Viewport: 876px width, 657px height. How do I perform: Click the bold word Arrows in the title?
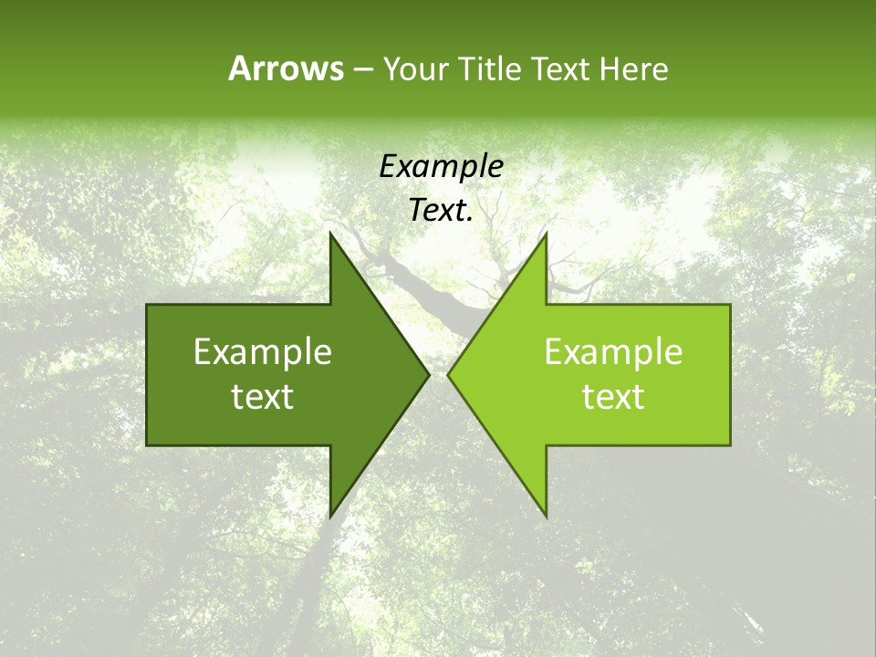pyautogui.click(x=286, y=68)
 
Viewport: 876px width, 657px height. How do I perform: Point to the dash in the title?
pyautogui.click(x=361, y=69)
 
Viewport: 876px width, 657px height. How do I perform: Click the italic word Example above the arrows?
pyautogui.click(x=441, y=167)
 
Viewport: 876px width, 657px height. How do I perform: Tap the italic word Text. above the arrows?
pyautogui.click(x=441, y=211)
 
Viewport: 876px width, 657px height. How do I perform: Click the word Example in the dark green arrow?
pyautogui.click(x=263, y=352)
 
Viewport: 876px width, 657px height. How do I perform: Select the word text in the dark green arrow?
pyautogui.click(x=263, y=397)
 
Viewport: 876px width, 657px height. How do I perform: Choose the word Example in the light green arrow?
pyautogui.click(x=613, y=352)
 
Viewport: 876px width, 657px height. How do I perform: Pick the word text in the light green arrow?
pyautogui.click(x=613, y=397)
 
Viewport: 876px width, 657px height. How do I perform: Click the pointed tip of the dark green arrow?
pyautogui.click(x=429, y=375)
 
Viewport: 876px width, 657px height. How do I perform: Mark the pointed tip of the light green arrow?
pyautogui.click(x=448, y=375)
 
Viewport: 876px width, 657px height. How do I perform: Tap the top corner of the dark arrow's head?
pyautogui.click(x=330, y=234)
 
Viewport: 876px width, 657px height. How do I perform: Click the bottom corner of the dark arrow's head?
pyautogui.click(x=330, y=516)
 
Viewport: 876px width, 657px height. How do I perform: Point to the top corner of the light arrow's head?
pyautogui.click(x=546, y=234)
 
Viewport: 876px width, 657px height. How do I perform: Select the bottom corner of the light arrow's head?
pyautogui.click(x=546, y=516)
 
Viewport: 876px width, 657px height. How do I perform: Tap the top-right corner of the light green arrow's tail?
pyautogui.click(x=730, y=305)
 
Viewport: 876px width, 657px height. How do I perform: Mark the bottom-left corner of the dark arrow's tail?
pyautogui.click(x=147, y=445)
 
